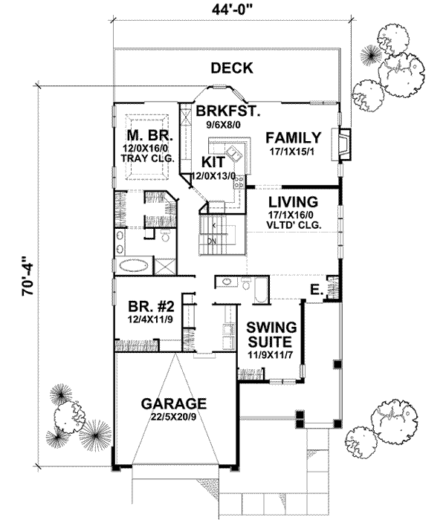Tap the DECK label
pyautogui.click(x=231, y=68)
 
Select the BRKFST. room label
pyautogui.click(x=227, y=111)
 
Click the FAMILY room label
pyautogui.click(x=293, y=137)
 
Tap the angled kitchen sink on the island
pyautogui.click(x=236, y=154)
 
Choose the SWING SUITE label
pyautogui.click(x=271, y=334)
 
